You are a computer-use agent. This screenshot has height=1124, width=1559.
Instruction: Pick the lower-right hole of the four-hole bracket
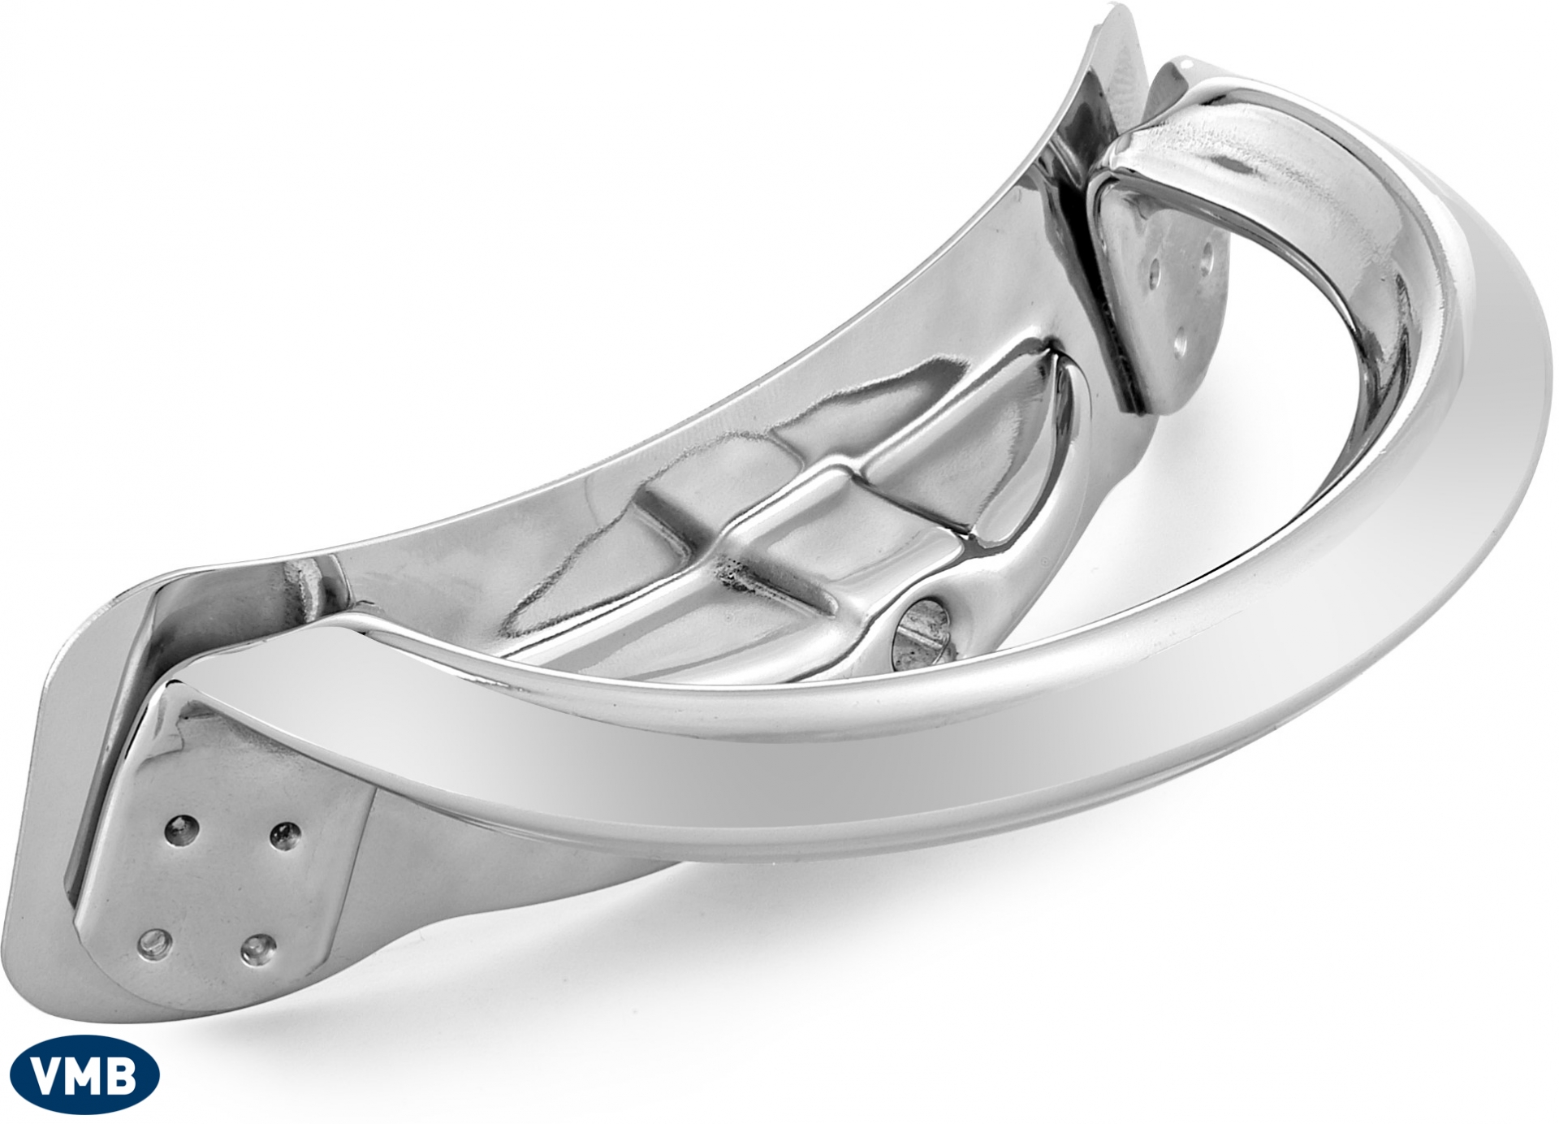click(x=256, y=946)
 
